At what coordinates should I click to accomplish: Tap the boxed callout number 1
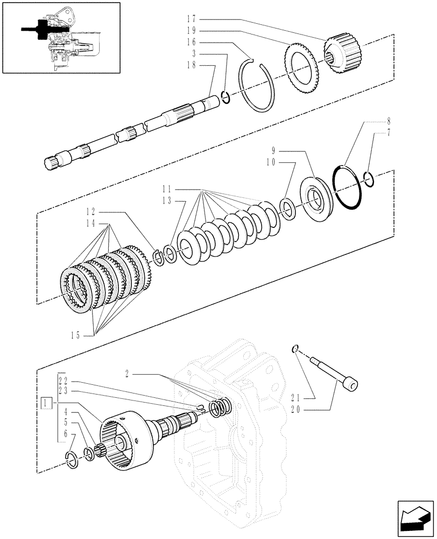[x=47, y=403]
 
